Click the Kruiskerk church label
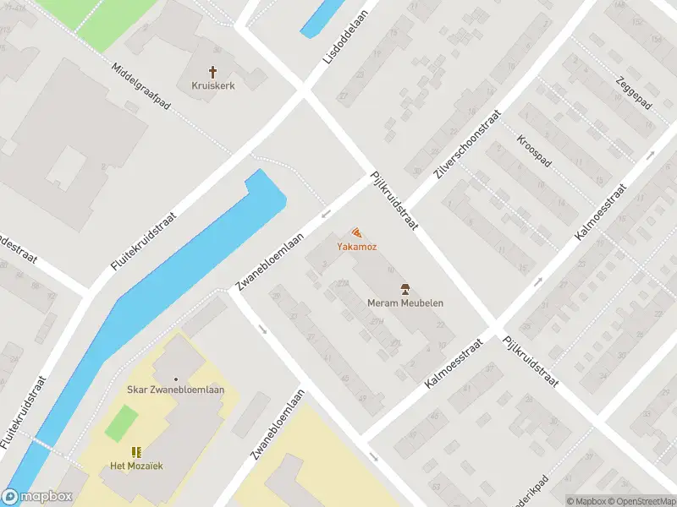[212, 85]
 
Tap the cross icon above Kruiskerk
[212, 72]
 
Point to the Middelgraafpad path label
[140, 88]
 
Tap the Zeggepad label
[633, 90]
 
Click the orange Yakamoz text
[353, 247]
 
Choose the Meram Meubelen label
[405, 303]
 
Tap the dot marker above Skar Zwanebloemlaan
[176, 379]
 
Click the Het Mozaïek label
[136, 466]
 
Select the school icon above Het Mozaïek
[136, 452]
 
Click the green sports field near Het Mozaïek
[121, 422]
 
